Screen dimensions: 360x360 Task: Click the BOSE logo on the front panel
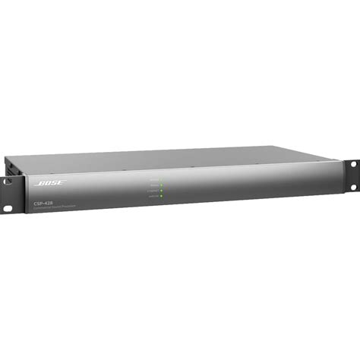coord(50,182)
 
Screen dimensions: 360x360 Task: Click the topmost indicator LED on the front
coord(162,179)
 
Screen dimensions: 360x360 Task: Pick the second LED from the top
coord(162,185)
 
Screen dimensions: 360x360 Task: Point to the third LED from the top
coord(162,190)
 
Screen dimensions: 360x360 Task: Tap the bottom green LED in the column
coord(162,196)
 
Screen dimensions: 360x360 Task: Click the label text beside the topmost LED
coord(154,179)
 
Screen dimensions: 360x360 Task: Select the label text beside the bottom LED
coord(153,196)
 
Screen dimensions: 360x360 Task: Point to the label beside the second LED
coord(154,185)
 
